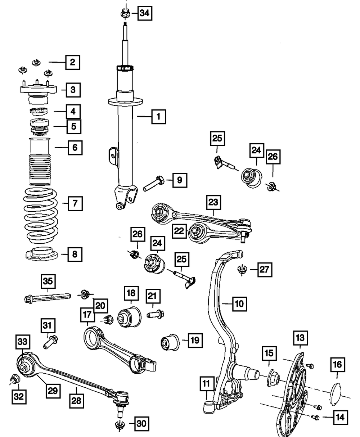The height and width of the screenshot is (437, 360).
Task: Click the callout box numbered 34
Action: coord(145,13)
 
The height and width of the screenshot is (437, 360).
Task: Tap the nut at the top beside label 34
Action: coord(125,13)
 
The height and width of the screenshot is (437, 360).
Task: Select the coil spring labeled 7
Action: coord(41,216)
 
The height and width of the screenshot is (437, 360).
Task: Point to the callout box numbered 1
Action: coord(159,117)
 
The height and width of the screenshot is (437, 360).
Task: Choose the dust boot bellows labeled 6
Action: coord(40,161)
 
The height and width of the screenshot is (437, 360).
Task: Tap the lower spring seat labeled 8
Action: coord(41,254)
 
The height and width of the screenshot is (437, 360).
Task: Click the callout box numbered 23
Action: coord(213,202)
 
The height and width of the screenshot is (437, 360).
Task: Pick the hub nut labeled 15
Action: coord(274,378)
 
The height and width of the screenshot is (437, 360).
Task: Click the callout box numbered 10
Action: coord(239,304)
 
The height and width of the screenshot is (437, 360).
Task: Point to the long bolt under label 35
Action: coord(48,298)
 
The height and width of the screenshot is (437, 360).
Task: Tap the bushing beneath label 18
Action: coord(129,317)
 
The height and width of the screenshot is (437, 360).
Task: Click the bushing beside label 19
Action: coord(170,343)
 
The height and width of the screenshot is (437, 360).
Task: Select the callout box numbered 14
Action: coord(340,417)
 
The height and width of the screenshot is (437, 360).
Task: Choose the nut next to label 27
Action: coord(242,269)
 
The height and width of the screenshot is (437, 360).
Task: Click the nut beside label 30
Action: coord(120,425)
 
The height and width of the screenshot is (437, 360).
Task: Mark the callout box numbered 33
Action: coord(23,342)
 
